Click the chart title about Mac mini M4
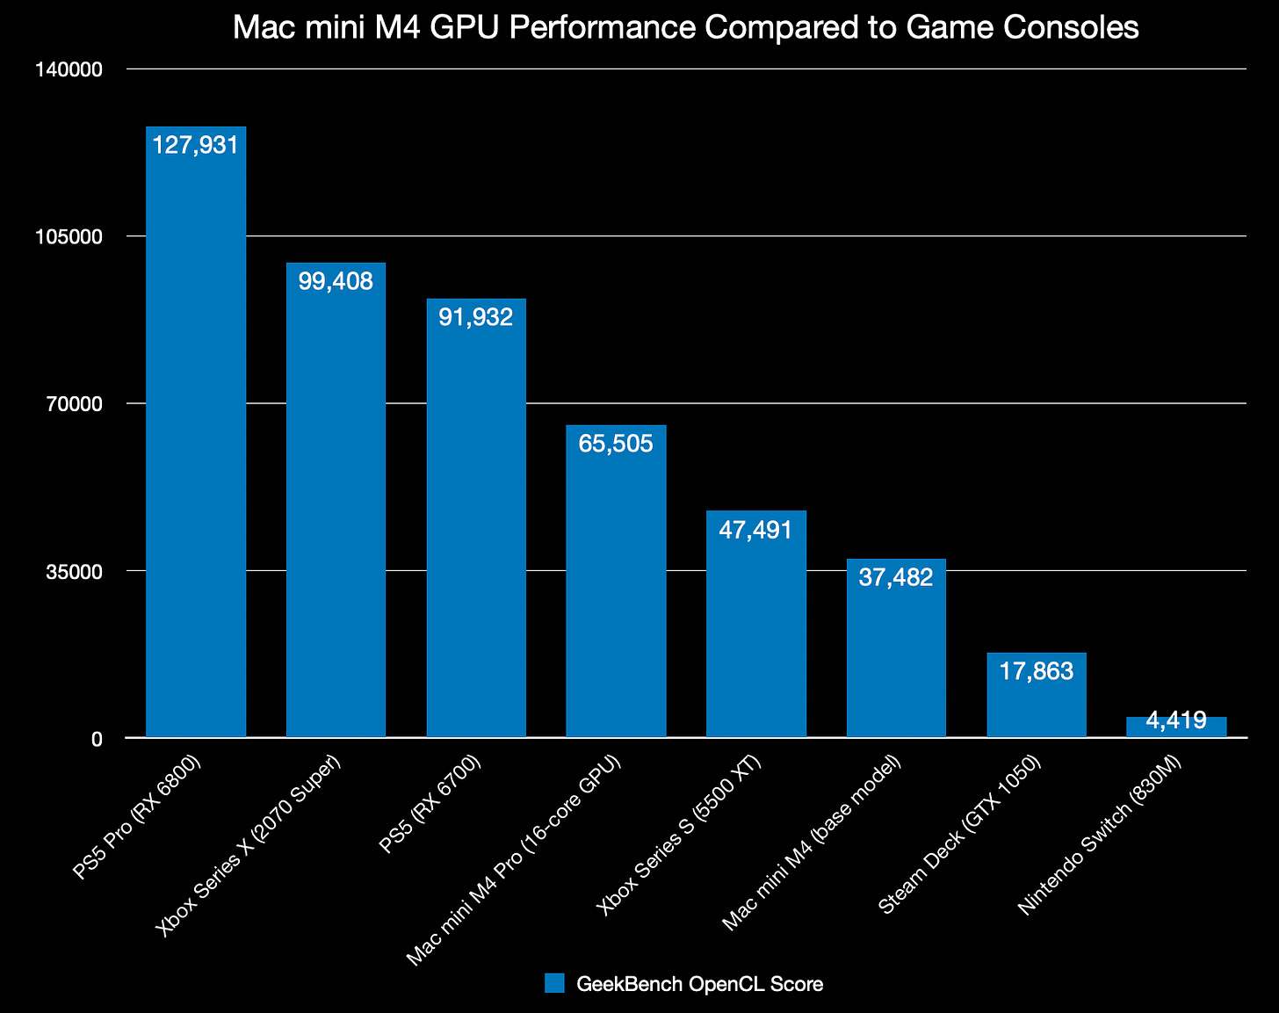(685, 28)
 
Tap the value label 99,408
(336, 281)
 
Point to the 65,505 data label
(616, 444)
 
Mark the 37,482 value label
(896, 577)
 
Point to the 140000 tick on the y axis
(78, 69)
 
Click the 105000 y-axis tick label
(78, 236)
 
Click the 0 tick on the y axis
(97, 739)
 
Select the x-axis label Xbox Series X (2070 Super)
(249, 843)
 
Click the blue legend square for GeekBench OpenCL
(553, 983)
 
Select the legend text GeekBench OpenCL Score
(700, 984)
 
